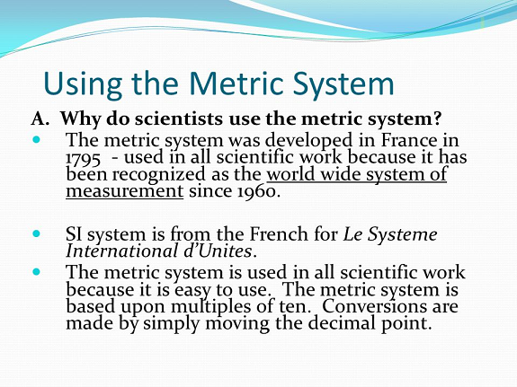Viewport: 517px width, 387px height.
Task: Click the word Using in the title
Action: click(83, 84)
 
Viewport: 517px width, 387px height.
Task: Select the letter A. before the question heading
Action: click(40, 119)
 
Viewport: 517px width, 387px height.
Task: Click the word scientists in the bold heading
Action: click(178, 119)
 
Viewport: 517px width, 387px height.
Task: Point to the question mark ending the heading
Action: click(437, 118)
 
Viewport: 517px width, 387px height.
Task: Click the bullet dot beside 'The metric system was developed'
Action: click(36, 140)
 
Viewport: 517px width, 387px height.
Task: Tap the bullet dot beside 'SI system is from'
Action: click(36, 233)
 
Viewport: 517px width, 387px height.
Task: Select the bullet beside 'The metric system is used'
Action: click(36, 272)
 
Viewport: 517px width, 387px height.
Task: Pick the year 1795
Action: click(83, 158)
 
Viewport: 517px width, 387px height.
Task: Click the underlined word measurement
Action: click(125, 191)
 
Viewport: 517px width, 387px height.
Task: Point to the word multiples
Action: click(210, 307)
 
